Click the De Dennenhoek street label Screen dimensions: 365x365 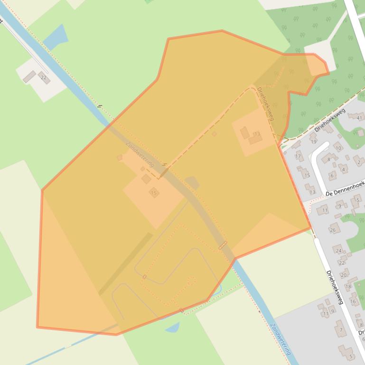(345, 188)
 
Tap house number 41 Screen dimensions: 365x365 (359, 118)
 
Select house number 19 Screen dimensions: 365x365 (313, 141)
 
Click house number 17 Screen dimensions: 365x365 (298, 156)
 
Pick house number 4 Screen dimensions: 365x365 (344, 169)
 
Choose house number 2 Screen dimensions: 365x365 (359, 162)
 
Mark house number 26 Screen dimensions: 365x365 (333, 230)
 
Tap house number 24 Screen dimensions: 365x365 (338, 250)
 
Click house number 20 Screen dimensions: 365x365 (344, 275)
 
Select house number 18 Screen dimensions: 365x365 (348, 286)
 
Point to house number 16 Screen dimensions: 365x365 (353, 301)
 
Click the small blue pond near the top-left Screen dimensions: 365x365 (56, 36)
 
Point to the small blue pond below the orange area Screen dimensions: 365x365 (173, 327)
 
